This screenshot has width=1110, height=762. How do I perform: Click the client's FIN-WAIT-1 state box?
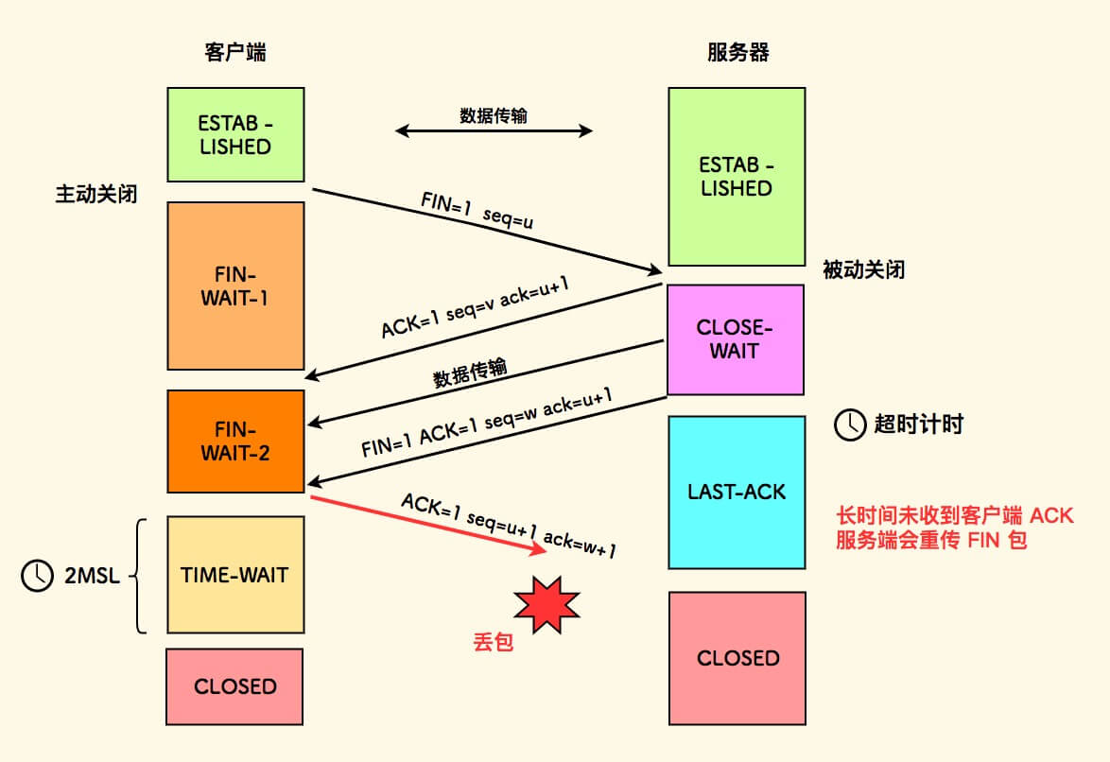[x=235, y=286]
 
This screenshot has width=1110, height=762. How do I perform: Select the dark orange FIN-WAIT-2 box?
[x=235, y=442]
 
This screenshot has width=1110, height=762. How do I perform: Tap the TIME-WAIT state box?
[x=235, y=575]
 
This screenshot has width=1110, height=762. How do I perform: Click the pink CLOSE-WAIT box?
[x=736, y=339]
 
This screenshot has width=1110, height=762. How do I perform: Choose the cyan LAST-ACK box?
[x=736, y=493]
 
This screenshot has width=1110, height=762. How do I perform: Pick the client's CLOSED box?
[x=235, y=686]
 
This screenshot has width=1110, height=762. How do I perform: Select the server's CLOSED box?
[x=737, y=658]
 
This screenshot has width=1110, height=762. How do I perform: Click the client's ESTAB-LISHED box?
[x=235, y=135]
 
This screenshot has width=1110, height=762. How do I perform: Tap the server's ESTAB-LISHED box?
[x=736, y=177]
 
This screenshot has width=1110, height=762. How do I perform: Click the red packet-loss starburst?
[x=546, y=602]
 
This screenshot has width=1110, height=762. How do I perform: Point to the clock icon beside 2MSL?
[x=38, y=575]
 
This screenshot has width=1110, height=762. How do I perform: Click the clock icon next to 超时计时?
[x=848, y=425]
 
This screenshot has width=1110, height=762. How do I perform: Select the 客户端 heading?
[x=235, y=52]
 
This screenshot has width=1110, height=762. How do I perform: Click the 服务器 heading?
[x=737, y=52]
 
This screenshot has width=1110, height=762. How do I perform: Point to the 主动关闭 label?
[x=95, y=195]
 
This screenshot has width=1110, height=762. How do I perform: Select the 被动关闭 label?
[x=863, y=270]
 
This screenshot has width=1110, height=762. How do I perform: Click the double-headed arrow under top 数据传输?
[x=494, y=131]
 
